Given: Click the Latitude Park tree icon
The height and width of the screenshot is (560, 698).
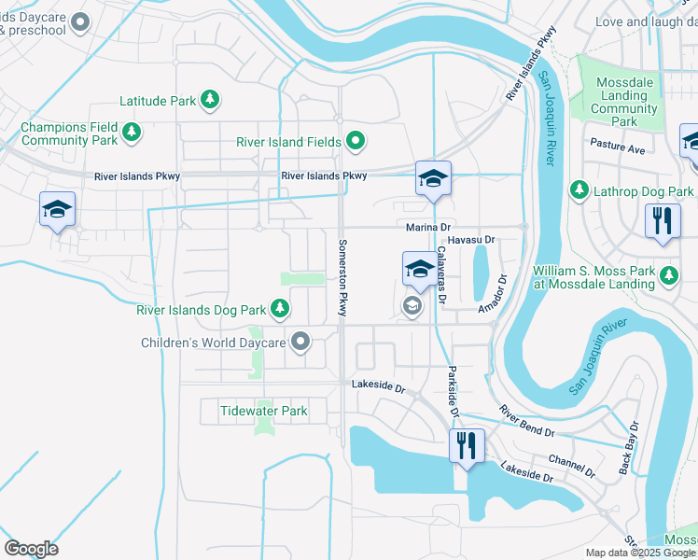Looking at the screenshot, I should click(211, 99).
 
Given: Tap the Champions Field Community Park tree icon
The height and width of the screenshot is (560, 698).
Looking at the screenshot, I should click(133, 133).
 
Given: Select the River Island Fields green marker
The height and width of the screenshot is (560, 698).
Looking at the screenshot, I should click(356, 142).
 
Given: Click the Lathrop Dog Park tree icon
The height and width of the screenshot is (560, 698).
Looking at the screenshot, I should click(579, 191).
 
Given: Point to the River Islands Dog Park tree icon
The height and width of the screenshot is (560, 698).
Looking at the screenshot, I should click(279, 309).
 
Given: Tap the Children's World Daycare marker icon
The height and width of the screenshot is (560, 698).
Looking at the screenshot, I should click(300, 343).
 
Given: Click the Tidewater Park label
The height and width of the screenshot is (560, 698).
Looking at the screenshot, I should click(264, 411).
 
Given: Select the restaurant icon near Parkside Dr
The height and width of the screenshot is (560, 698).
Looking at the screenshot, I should click(466, 445).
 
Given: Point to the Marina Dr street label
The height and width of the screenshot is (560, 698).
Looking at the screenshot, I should click(428, 227).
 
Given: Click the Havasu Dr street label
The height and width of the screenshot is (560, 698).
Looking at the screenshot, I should click(470, 240).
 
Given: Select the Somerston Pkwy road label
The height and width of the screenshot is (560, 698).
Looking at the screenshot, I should click(341, 274).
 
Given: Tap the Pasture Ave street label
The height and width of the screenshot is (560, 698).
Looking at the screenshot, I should click(618, 148).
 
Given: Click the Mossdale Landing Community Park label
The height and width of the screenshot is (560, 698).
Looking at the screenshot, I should click(624, 102).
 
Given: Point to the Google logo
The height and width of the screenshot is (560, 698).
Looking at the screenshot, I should click(31, 549).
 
